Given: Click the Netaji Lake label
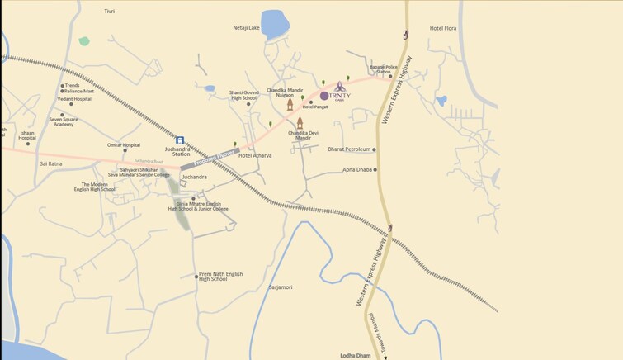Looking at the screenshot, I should point(246,27).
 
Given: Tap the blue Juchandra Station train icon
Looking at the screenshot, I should point(180,140).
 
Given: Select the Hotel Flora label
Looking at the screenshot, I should point(443,28).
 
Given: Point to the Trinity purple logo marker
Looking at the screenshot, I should point(324,96).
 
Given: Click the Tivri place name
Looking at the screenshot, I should point(110,12).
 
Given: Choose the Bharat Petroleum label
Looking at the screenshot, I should point(348,149).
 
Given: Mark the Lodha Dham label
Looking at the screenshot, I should point(356,355).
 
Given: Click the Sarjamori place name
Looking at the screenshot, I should point(281,287).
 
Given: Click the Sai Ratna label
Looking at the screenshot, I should point(50,163).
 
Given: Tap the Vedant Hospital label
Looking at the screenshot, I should point(73,99).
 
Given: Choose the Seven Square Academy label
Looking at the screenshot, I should point(65,120).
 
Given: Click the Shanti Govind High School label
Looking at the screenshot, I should point(243,95).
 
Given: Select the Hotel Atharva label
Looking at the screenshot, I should point(255,155).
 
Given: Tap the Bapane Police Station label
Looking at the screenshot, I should point(385,69).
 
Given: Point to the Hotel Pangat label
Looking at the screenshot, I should point(316,107).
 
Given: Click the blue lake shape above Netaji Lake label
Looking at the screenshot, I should point(275,23).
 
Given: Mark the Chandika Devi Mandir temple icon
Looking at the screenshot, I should point(300,122).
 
